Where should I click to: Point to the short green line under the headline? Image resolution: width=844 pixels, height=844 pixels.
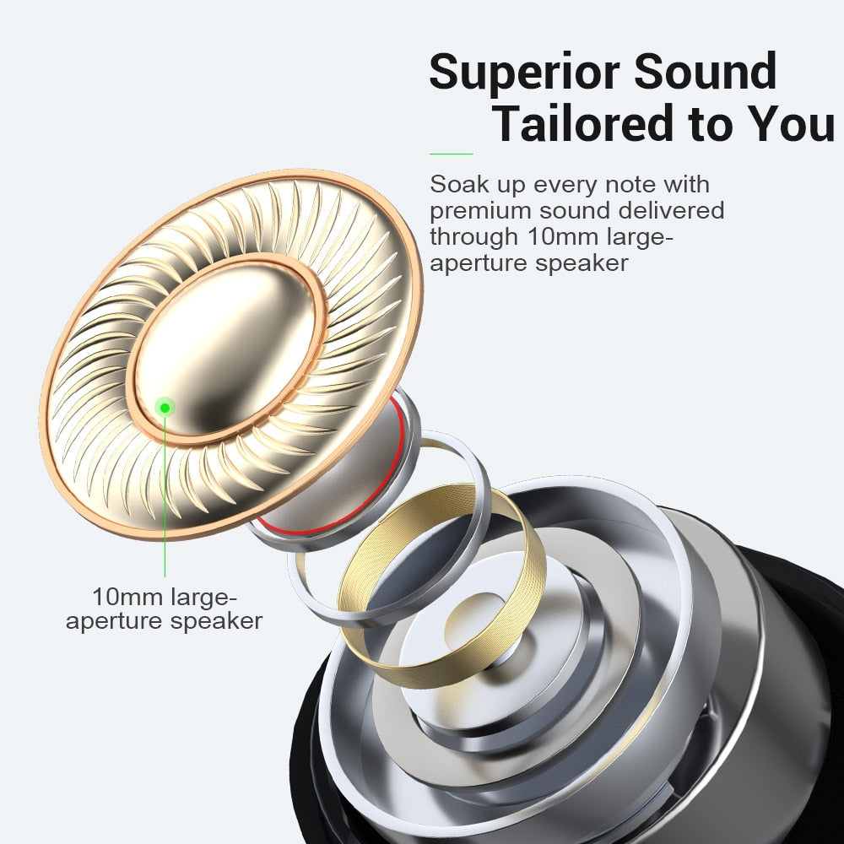tap(452, 154)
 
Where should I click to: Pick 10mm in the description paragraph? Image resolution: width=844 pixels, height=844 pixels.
tap(565, 236)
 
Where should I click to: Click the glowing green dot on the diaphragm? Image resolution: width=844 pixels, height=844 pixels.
tap(165, 408)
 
